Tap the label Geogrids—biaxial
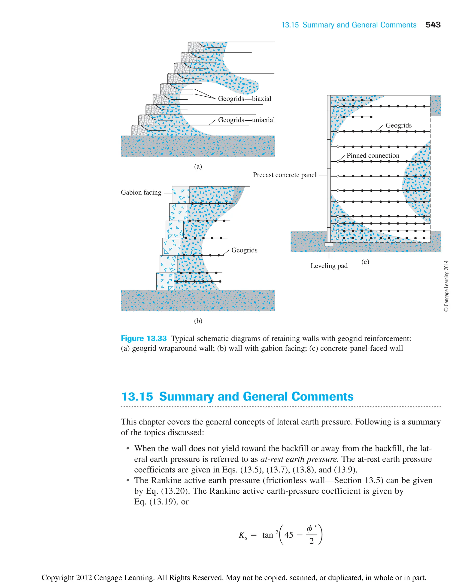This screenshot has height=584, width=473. pyautogui.click(x=244, y=98)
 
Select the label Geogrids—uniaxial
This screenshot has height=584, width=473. pyautogui.click(x=246, y=120)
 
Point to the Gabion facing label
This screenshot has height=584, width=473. pyautogui.click(x=141, y=192)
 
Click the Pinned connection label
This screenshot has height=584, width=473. pyautogui.click(x=373, y=156)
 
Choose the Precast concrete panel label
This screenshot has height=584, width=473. pyautogui.click(x=285, y=175)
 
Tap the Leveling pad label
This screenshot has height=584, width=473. pyautogui.click(x=329, y=266)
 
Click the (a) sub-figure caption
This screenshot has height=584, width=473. pyautogui.click(x=198, y=166)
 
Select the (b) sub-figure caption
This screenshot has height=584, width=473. pyautogui.click(x=198, y=321)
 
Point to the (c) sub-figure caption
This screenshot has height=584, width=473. pyautogui.click(x=365, y=262)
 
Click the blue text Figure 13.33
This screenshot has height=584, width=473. pyautogui.click(x=144, y=338)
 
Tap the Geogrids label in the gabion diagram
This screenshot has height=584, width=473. pyautogui.click(x=244, y=250)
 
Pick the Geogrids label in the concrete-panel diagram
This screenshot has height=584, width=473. pyautogui.click(x=398, y=125)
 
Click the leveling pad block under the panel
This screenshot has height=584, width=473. pyautogui.click(x=329, y=244)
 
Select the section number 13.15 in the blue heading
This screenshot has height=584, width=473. pyautogui.click(x=137, y=397)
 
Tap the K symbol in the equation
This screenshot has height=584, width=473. pyautogui.click(x=241, y=535)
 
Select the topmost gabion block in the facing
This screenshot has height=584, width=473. pyautogui.click(x=181, y=195)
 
